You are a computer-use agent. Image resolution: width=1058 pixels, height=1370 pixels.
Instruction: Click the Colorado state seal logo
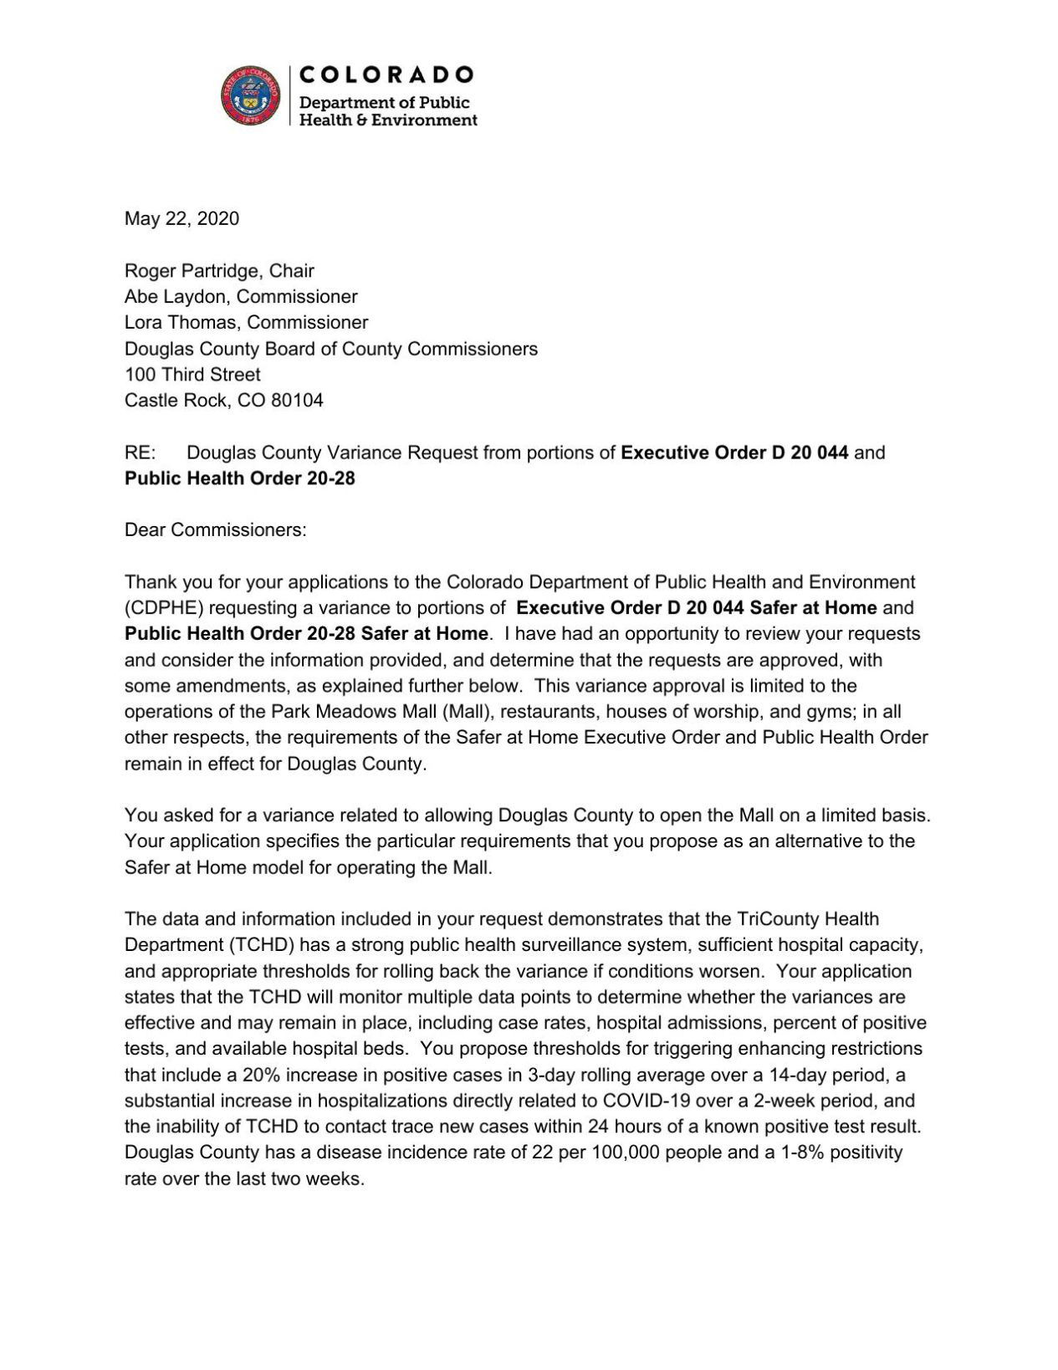click(x=250, y=96)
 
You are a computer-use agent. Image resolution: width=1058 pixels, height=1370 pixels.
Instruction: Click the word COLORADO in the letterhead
click(x=386, y=75)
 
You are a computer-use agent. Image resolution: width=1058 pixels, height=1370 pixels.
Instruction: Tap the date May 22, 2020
click(x=181, y=219)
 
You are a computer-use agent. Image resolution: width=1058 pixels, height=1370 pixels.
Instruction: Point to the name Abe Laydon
click(x=175, y=297)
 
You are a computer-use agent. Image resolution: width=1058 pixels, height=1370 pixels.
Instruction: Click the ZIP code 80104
click(x=297, y=401)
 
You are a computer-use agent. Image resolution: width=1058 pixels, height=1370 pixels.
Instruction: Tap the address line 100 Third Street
click(x=192, y=375)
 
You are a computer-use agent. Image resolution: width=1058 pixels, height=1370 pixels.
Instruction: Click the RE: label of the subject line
click(x=140, y=453)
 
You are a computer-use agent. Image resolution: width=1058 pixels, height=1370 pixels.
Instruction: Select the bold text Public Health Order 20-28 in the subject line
click(x=240, y=479)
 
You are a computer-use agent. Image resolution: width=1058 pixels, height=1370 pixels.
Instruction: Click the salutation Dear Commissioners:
click(x=216, y=530)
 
